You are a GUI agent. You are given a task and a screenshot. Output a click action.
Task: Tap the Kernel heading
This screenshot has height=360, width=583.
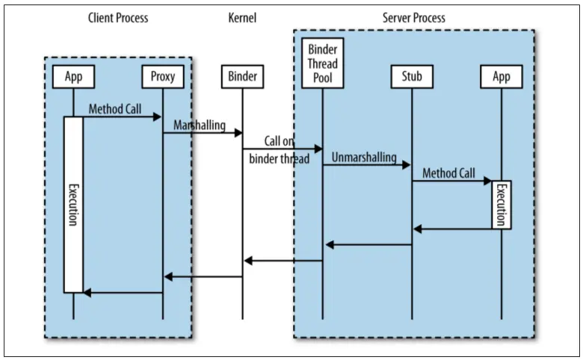tap(242, 18)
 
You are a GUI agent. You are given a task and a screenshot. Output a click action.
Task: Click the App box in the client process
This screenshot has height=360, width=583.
tap(73, 75)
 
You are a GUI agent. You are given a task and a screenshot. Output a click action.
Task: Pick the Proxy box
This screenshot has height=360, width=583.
tap(162, 75)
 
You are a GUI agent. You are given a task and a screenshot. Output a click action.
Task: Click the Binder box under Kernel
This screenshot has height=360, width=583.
tap(242, 75)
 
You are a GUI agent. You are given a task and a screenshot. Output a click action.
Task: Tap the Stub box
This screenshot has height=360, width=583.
tap(412, 75)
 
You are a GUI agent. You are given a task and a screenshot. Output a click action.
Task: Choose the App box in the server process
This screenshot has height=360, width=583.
tap(502, 75)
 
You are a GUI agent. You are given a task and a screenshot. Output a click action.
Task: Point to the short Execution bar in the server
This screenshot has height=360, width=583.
tap(502, 204)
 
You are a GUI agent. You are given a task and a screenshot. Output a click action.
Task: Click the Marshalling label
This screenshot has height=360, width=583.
tap(200, 125)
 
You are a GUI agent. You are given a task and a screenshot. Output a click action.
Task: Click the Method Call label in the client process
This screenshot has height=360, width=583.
tap(114, 109)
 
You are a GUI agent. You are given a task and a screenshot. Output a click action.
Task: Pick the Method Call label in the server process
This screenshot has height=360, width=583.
tap(448, 173)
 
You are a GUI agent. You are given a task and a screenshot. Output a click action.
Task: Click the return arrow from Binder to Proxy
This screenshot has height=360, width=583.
tap(203, 276)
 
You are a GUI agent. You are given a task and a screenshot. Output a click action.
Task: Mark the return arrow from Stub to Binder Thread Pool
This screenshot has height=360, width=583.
tap(368, 244)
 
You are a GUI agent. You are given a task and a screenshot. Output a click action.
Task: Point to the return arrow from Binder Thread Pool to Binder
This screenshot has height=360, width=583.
tap(283, 261)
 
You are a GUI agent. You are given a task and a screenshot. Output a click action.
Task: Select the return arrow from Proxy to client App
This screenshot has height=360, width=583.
tap(123, 293)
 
